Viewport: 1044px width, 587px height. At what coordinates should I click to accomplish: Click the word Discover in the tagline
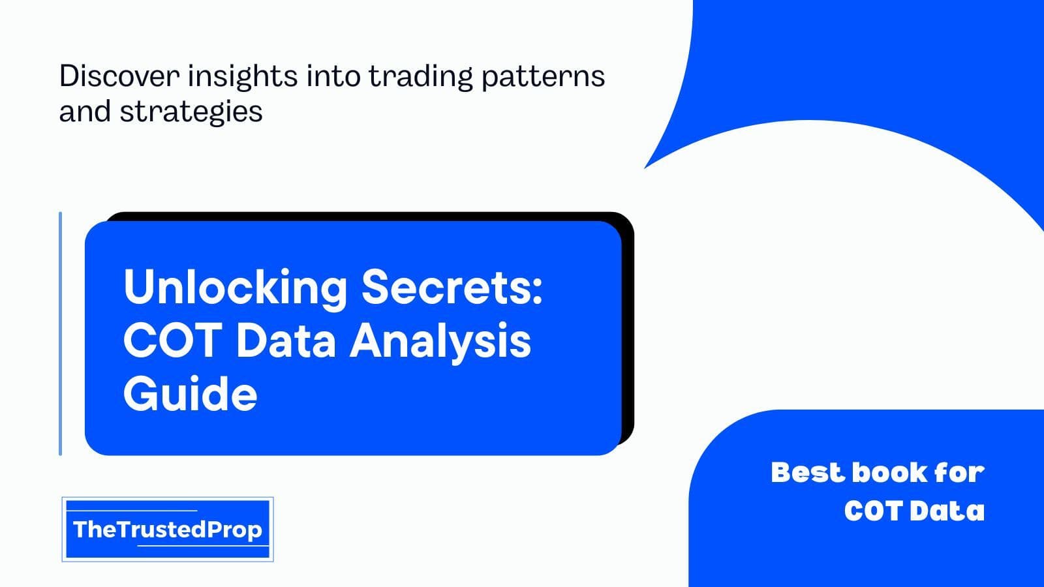click(x=119, y=76)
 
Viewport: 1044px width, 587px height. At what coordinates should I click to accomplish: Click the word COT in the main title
click(x=172, y=340)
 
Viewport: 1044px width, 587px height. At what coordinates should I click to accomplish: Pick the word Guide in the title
click(x=190, y=394)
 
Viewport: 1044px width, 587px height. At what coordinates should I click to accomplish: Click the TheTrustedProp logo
click(x=168, y=529)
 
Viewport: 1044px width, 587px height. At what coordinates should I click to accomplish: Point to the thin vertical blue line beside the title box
click(x=60, y=333)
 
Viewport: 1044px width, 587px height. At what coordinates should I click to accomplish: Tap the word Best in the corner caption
click(x=808, y=472)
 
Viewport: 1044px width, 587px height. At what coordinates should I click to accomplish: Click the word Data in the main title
click(x=286, y=340)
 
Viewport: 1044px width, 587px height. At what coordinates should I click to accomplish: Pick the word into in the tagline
click(x=333, y=76)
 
